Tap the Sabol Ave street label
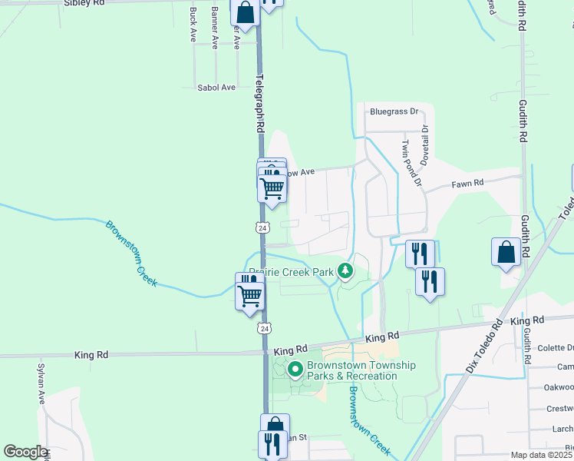coord(216,88)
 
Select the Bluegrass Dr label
coord(394,111)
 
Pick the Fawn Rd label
coord(467,184)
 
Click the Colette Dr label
coord(553,347)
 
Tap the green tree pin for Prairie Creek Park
coord(346,270)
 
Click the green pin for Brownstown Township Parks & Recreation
coord(296,370)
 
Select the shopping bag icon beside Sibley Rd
coord(245,12)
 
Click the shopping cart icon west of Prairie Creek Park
coord(249,294)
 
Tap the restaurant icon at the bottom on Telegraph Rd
coord(272,444)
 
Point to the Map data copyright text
coord(540,455)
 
